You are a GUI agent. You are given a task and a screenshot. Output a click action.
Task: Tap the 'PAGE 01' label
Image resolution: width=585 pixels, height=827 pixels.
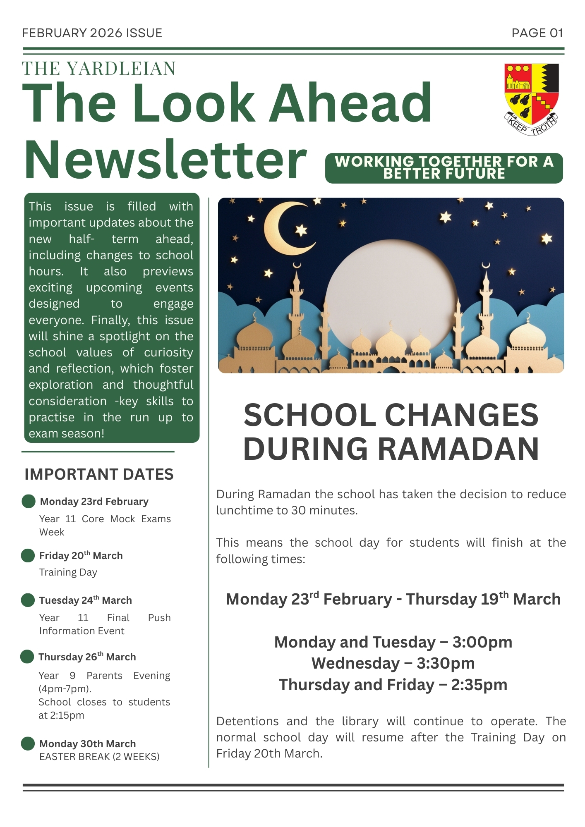point(537,33)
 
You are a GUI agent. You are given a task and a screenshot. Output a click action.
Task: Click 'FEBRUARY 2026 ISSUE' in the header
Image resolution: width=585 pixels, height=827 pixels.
point(92,33)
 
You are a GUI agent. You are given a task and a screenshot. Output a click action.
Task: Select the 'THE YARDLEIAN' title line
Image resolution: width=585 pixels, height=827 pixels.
point(99,69)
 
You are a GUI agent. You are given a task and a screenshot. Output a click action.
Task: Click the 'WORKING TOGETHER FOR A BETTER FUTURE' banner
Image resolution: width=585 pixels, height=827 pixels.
point(444,168)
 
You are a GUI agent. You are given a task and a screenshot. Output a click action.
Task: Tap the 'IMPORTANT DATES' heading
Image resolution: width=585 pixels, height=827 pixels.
point(99,474)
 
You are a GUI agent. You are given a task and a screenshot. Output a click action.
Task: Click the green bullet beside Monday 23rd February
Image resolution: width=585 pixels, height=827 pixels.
point(29,501)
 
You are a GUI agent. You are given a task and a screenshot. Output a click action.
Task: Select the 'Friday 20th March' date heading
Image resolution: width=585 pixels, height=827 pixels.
point(81,555)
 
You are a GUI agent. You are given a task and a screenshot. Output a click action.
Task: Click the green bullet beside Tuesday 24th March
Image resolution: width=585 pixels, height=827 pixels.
point(28,600)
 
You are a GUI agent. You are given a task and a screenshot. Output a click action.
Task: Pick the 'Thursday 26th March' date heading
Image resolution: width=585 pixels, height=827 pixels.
point(87,657)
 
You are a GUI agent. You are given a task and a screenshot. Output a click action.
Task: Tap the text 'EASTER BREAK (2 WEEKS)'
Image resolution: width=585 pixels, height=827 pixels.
point(99,757)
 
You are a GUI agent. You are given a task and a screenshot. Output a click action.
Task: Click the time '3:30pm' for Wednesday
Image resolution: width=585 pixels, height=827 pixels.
point(446,663)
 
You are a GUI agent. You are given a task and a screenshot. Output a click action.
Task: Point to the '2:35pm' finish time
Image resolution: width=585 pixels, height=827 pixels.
point(479,685)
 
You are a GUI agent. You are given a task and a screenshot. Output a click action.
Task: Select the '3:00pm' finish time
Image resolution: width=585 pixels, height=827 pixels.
point(482,642)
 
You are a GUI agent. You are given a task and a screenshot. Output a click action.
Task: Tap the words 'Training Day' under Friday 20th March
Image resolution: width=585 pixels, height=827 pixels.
point(68,572)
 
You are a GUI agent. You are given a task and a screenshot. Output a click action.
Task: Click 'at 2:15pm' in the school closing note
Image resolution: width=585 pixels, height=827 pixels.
point(61,715)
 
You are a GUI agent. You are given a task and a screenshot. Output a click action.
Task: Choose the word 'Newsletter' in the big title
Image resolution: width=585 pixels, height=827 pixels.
point(165,160)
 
